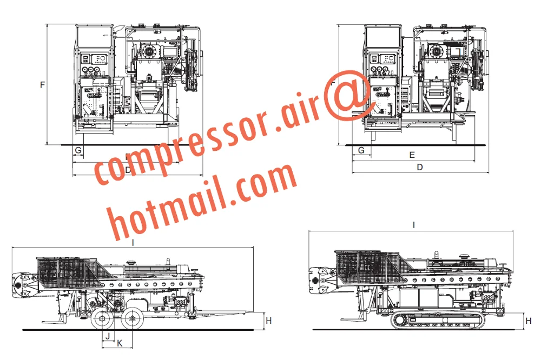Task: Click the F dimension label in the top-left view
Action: coord(42,85)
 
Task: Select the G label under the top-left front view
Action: coord(78,149)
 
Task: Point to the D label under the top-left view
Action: coord(128,170)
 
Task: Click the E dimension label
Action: coord(412,155)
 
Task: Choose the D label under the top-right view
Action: coord(420,168)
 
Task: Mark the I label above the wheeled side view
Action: coord(133,243)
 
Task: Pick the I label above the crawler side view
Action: coord(413,225)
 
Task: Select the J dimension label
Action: coord(108,336)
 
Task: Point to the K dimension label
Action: coord(120,343)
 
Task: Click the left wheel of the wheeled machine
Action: coord(102,320)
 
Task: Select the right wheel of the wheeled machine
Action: coord(131,320)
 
